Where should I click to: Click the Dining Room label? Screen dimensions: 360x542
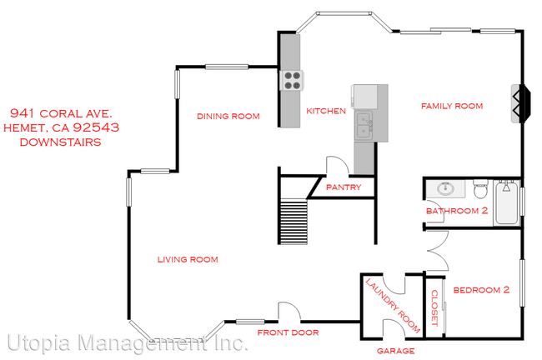(x=228, y=117)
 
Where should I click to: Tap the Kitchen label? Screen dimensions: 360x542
(x=325, y=111)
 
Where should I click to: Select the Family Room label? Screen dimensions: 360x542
(x=452, y=106)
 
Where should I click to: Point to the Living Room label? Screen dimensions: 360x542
(x=188, y=260)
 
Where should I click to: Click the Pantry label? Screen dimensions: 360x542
(x=344, y=187)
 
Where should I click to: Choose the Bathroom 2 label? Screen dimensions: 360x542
(x=457, y=211)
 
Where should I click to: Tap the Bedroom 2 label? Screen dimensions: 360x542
(x=480, y=290)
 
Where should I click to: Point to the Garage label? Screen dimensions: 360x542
(x=395, y=351)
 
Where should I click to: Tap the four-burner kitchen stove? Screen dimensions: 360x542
(x=292, y=80)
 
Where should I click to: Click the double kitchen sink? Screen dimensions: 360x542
(x=364, y=127)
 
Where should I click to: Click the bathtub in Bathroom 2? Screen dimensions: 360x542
(x=506, y=202)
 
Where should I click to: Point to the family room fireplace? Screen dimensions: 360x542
(x=519, y=102)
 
